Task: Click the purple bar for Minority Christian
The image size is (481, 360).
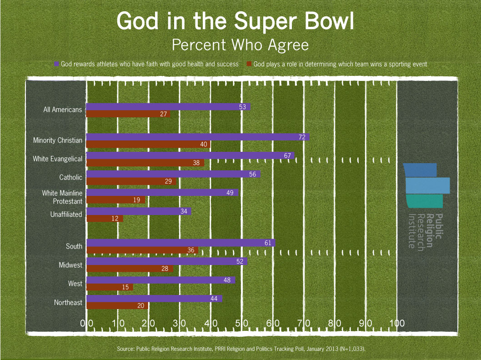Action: click(x=198, y=137)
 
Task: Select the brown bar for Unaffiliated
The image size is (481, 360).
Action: click(x=105, y=218)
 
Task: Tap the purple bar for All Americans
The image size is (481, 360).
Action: click(x=168, y=107)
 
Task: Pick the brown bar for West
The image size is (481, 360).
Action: click(x=110, y=287)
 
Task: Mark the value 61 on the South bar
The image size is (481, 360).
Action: click(x=268, y=243)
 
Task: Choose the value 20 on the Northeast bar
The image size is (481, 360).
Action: click(x=141, y=306)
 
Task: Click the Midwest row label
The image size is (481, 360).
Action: click(x=70, y=265)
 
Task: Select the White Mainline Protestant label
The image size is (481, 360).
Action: click(x=62, y=197)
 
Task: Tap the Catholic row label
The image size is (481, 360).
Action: click(x=71, y=177)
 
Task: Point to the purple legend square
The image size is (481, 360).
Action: click(x=57, y=64)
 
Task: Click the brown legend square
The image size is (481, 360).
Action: click(x=249, y=64)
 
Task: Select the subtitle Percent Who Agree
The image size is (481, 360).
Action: click(x=240, y=45)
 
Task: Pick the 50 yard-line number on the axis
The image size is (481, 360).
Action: click(x=241, y=323)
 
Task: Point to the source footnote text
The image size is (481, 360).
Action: click(x=241, y=349)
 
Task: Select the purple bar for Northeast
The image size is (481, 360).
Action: click(x=154, y=299)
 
